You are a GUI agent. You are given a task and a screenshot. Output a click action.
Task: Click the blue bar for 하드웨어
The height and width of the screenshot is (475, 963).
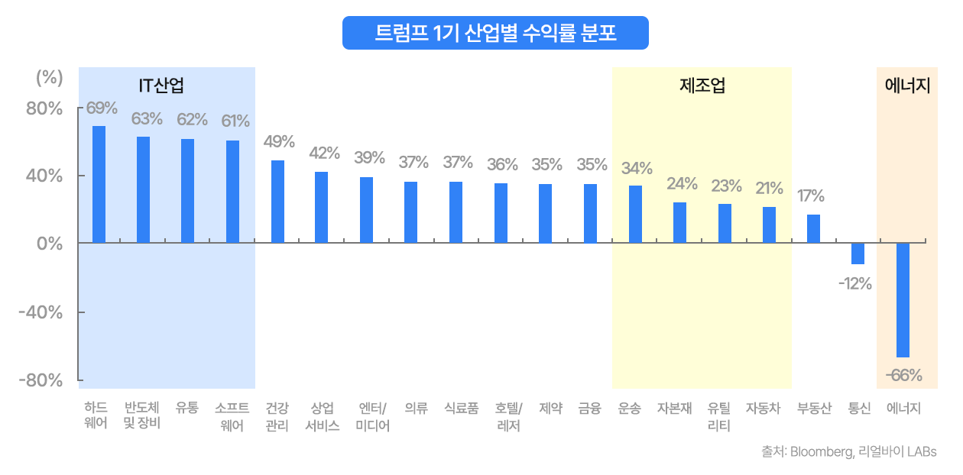pyautogui.click(x=99, y=184)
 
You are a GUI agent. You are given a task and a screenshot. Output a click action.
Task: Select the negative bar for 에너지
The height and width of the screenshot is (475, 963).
pyautogui.click(x=903, y=299)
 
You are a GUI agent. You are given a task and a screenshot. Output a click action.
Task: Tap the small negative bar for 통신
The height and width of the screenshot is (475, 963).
pyautogui.click(x=858, y=254)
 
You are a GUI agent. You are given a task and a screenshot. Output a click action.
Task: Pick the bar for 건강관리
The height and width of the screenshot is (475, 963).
pyautogui.click(x=277, y=202)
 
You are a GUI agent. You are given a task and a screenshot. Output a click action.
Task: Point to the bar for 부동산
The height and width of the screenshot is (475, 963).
pyautogui.click(x=813, y=228)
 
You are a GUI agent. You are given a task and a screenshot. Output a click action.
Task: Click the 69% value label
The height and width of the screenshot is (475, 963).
pyautogui.click(x=102, y=108)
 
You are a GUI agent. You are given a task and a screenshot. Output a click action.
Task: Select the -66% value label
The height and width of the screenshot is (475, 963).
pyautogui.click(x=904, y=375)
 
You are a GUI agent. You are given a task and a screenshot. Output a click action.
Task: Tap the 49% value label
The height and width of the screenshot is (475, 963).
pyautogui.click(x=279, y=141)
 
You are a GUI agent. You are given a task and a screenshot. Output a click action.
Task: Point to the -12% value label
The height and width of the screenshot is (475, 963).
pyautogui.click(x=854, y=284)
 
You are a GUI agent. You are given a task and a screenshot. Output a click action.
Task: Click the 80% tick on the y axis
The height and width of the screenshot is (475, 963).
pyautogui.click(x=45, y=108)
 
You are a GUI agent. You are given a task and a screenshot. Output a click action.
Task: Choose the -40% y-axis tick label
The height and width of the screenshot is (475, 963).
pyautogui.click(x=43, y=312)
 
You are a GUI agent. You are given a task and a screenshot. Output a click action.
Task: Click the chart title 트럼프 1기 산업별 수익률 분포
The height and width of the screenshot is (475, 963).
pyautogui.click(x=495, y=34)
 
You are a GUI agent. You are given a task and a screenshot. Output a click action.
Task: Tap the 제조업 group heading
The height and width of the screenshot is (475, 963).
pyautogui.click(x=702, y=86)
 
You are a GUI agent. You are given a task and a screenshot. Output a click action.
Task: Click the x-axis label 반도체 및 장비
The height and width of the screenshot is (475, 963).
pyautogui.click(x=142, y=416)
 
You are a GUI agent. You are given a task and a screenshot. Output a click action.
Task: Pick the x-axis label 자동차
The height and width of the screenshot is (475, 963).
pyautogui.click(x=763, y=409)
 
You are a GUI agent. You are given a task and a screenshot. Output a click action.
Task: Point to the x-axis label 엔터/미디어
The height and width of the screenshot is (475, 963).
pyautogui.click(x=372, y=416)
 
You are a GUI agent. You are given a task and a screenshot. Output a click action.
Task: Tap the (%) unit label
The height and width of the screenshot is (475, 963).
pyautogui.click(x=49, y=77)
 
